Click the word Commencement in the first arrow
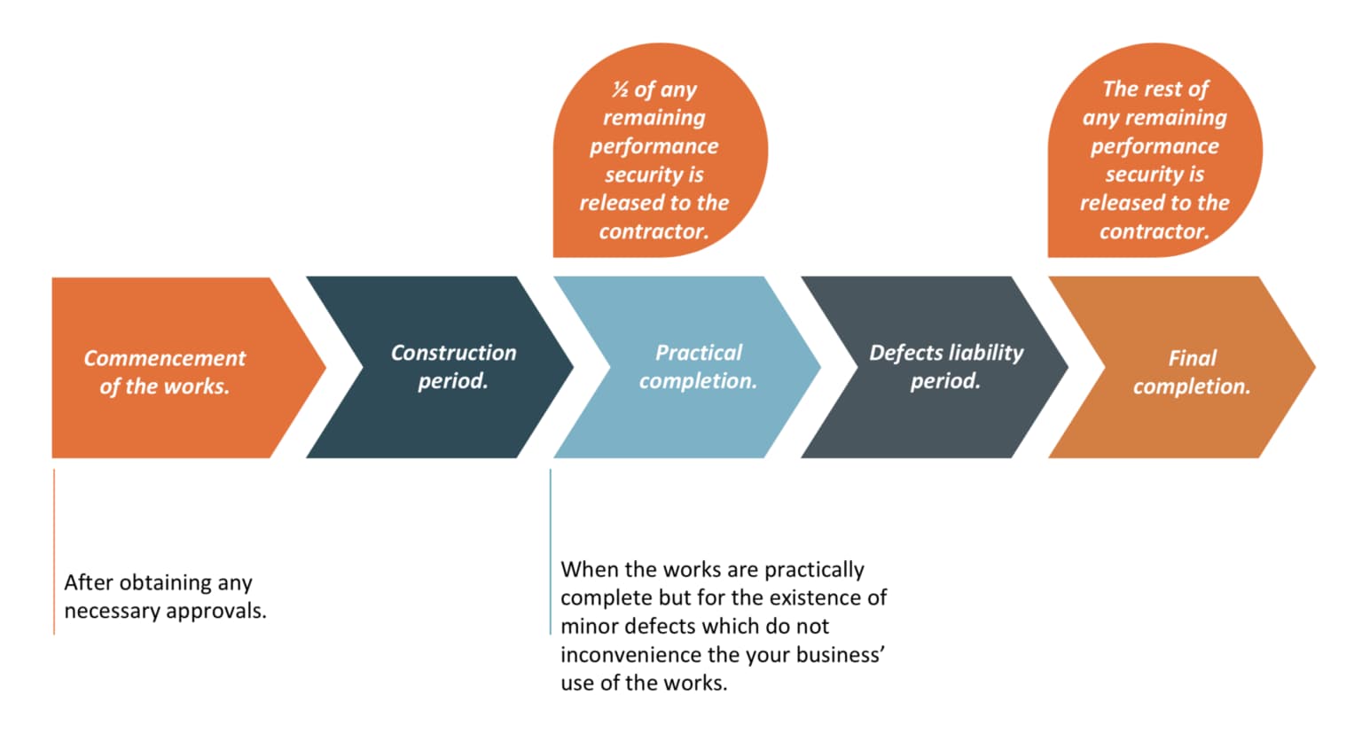click(164, 358)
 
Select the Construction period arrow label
click(453, 366)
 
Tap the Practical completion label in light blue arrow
click(699, 366)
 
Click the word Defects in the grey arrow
click(903, 353)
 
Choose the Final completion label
click(1192, 372)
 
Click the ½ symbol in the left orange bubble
click(620, 90)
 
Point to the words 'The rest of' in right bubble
click(1155, 90)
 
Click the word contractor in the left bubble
click(654, 231)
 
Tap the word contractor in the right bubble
click(1154, 231)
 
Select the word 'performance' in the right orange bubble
click(1155, 146)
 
